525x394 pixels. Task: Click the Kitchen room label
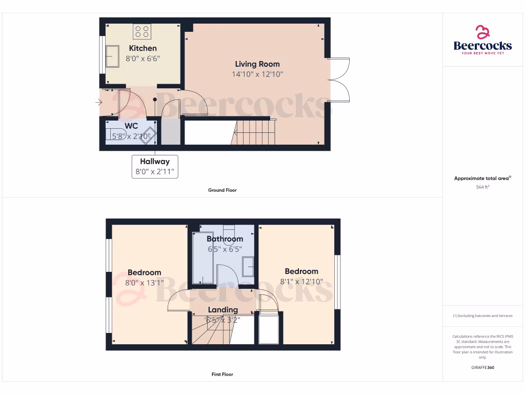(x=143, y=48)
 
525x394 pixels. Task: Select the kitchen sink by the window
(x=112, y=56)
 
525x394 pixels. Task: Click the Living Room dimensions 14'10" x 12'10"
(x=257, y=74)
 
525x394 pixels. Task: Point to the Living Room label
(x=257, y=64)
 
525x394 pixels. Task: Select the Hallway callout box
(x=155, y=166)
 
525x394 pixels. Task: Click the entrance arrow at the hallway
(x=98, y=103)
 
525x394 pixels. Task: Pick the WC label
(x=131, y=126)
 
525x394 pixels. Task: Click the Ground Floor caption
(x=223, y=190)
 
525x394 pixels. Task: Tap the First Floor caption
(x=223, y=375)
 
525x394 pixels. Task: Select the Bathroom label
(x=225, y=239)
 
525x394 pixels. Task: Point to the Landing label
(x=223, y=310)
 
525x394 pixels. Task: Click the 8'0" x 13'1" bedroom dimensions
(x=144, y=282)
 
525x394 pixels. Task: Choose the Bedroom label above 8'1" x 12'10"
(x=301, y=271)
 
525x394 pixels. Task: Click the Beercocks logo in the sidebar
(x=482, y=40)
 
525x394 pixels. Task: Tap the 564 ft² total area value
(x=482, y=187)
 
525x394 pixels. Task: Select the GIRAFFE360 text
(x=482, y=367)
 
